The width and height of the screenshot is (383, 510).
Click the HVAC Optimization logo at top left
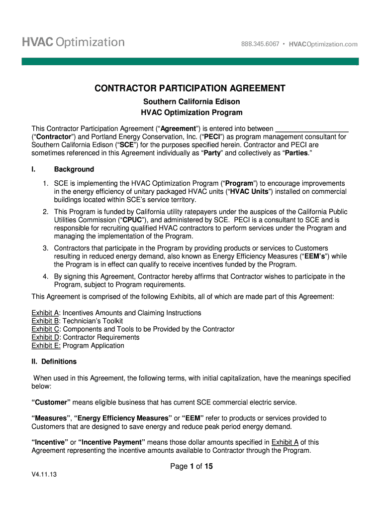[x=73, y=42]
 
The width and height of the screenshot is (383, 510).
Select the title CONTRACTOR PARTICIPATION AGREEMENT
[x=191, y=89]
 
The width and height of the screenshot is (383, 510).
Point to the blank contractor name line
[x=311, y=128]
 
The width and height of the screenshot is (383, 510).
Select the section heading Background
[x=74, y=169]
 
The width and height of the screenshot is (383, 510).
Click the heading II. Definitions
[x=54, y=362]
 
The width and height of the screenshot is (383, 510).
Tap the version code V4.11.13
[x=44, y=475]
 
